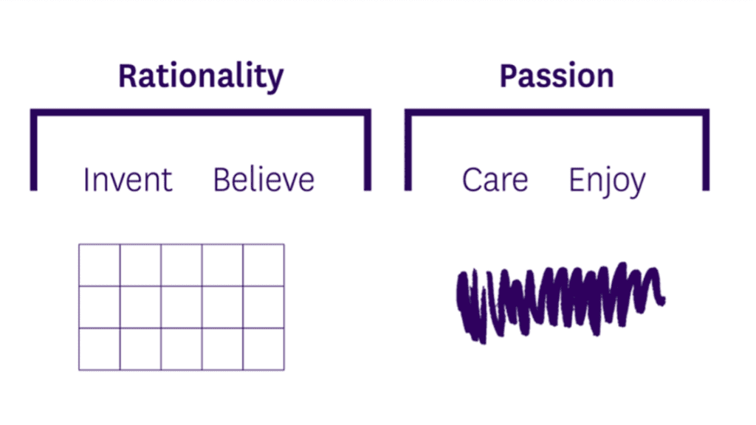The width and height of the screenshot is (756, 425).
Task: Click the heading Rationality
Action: [201, 77]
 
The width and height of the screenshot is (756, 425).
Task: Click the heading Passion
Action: [557, 76]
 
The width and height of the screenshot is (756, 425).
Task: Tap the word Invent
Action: [128, 180]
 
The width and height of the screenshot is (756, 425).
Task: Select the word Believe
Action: [264, 180]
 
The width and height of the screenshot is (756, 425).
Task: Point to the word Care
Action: [495, 180]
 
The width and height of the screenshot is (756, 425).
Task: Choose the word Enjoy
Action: [608, 182]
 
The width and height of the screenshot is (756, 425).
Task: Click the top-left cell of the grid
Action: [100, 265]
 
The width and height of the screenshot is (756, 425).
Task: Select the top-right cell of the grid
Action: [264, 265]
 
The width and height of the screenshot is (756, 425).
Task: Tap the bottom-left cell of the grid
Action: [100, 349]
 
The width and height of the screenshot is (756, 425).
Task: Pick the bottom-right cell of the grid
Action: [264, 349]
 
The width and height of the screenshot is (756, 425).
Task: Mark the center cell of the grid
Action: [182, 307]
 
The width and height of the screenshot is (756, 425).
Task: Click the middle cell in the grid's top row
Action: [182, 265]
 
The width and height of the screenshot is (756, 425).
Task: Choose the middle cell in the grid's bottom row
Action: [182, 349]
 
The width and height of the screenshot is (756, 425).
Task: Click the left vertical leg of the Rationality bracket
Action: [34, 150]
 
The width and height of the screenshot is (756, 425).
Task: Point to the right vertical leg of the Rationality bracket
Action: [368, 150]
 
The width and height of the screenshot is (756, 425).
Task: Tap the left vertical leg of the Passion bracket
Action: [408, 150]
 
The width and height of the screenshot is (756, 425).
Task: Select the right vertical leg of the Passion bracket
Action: [706, 150]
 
